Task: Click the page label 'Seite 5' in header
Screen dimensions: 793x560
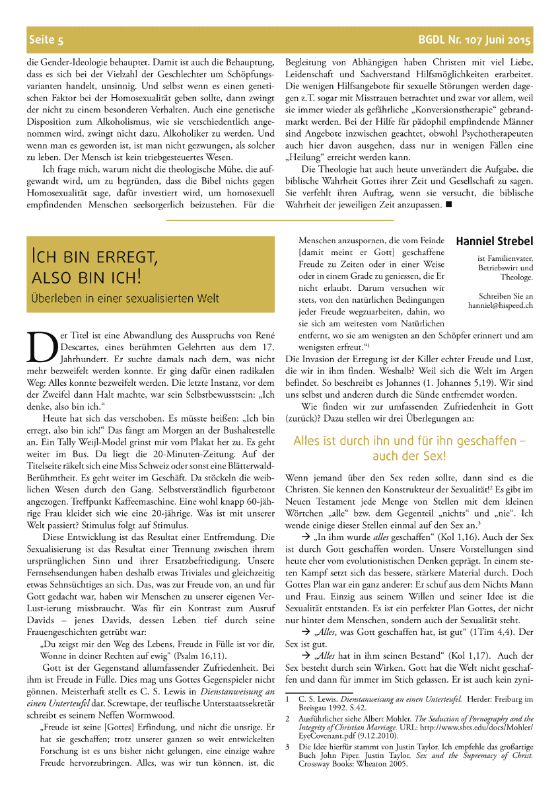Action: (46, 40)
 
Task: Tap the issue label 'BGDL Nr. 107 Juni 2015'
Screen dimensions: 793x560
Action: (474, 40)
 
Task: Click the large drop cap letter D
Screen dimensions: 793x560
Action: (39, 346)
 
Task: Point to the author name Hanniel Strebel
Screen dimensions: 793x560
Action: (495, 241)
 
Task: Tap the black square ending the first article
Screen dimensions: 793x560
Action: (448, 205)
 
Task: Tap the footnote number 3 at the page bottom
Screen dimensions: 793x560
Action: (288, 746)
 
